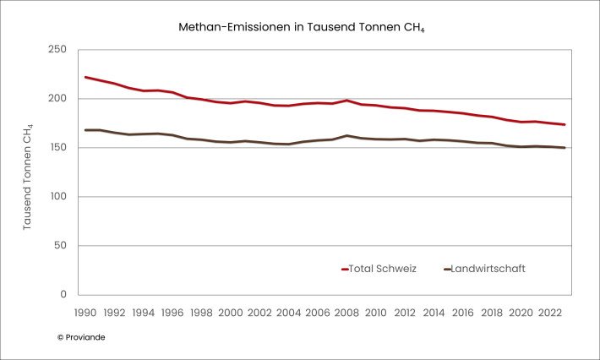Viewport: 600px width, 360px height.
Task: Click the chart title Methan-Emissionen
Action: (299, 27)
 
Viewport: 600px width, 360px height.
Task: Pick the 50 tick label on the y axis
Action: (58, 246)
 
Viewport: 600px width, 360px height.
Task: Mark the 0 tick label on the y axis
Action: (62, 295)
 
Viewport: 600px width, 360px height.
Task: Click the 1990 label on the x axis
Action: (85, 312)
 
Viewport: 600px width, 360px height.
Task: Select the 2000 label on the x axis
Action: (229, 312)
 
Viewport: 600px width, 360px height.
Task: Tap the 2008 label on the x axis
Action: (346, 312)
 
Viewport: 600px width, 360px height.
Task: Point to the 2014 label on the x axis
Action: (434, 312)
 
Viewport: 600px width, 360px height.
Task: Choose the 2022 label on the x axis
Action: (550, 312)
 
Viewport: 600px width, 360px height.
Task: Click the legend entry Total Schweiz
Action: (380, 269)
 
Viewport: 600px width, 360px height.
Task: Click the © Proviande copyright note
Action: (81, 336)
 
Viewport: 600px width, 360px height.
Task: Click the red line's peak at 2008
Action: (346, 101)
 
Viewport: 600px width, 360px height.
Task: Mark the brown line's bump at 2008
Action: (346, 135)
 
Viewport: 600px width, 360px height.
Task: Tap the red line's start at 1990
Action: (85, 77)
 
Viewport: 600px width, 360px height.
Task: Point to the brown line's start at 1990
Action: (85, 130)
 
